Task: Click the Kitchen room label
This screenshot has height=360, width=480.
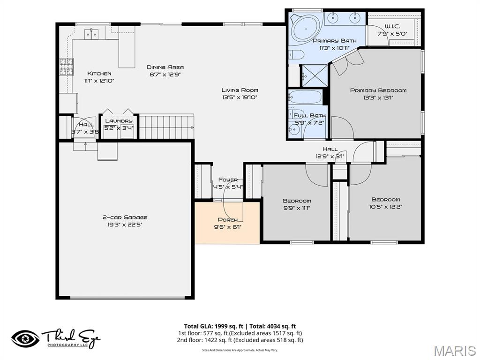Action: [x=99, y=74]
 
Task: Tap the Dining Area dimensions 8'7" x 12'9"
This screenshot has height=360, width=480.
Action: [x=165, y=74]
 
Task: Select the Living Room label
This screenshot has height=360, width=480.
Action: [x=240, y=90]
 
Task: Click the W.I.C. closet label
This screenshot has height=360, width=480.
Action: [x=392, y=26]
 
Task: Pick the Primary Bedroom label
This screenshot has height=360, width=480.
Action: [x=378, y=90]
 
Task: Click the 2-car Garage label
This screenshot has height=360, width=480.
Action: [x=125, y=217]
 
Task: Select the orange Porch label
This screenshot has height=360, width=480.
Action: [x=227, y=220]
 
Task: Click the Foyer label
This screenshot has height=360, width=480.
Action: [x=228, y=180]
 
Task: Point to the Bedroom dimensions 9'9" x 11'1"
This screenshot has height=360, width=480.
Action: [x=296, y=208]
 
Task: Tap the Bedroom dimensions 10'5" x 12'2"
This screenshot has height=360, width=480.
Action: [x=386, y=206]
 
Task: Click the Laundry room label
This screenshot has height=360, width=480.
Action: [x=119, y=121]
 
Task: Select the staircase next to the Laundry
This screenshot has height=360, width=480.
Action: [x=166, y=127]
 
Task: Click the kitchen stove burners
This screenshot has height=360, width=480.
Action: [x=66, y=67]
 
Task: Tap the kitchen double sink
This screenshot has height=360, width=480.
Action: [x=91, y=33]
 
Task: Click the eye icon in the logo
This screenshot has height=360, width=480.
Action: [x=25, y=338]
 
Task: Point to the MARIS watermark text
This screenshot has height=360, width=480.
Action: [x=454, y=351]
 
